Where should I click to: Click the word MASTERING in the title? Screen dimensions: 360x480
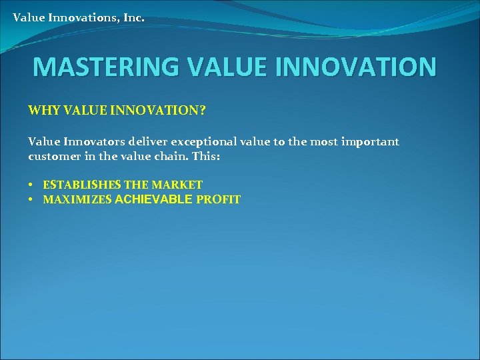pos(105,67)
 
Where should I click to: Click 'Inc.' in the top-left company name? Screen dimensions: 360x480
pos(133,17)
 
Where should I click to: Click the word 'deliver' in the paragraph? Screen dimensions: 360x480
pos(148,141)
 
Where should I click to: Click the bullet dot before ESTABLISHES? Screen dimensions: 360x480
pos(31,185)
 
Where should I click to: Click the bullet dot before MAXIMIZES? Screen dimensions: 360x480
pos(31,199)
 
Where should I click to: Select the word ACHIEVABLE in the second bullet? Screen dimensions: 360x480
pos(154,199)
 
